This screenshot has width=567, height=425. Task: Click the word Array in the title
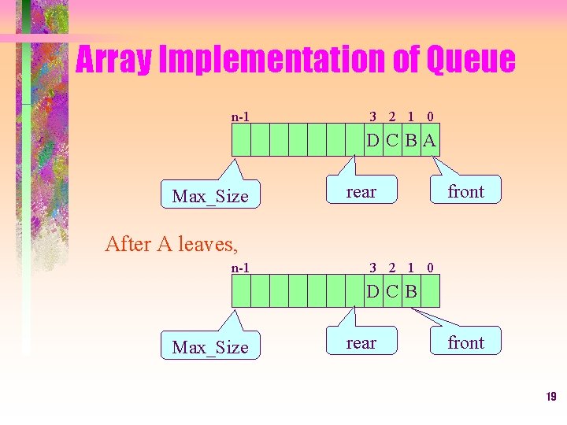click(113, 61)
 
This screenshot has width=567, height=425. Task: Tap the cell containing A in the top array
click(430, 142)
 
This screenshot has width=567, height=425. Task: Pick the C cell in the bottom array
click(392, 293)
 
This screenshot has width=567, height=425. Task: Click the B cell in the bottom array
click(411, 293)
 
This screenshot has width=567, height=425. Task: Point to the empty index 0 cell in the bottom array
click(430, 293)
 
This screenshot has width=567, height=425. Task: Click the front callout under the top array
click(465, 191)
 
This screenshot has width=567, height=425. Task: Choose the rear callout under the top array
click(361, 191)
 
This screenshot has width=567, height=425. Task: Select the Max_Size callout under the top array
click(209, 196)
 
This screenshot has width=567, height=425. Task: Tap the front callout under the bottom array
click(465, 342)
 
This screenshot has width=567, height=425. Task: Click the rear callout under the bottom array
click(361, 342)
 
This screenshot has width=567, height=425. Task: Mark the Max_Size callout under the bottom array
click(209, 347)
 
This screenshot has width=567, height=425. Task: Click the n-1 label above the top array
click(240, 117)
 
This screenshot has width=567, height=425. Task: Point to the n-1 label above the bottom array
click(240, 268)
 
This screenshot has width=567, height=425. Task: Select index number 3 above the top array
click(373, 117)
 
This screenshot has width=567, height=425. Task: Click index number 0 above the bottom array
click(430, 268)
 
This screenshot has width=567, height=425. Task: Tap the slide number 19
click(550, 397)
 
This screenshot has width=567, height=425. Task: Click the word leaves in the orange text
click(206, 244)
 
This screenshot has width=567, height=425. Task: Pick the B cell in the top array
click(411, 142)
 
